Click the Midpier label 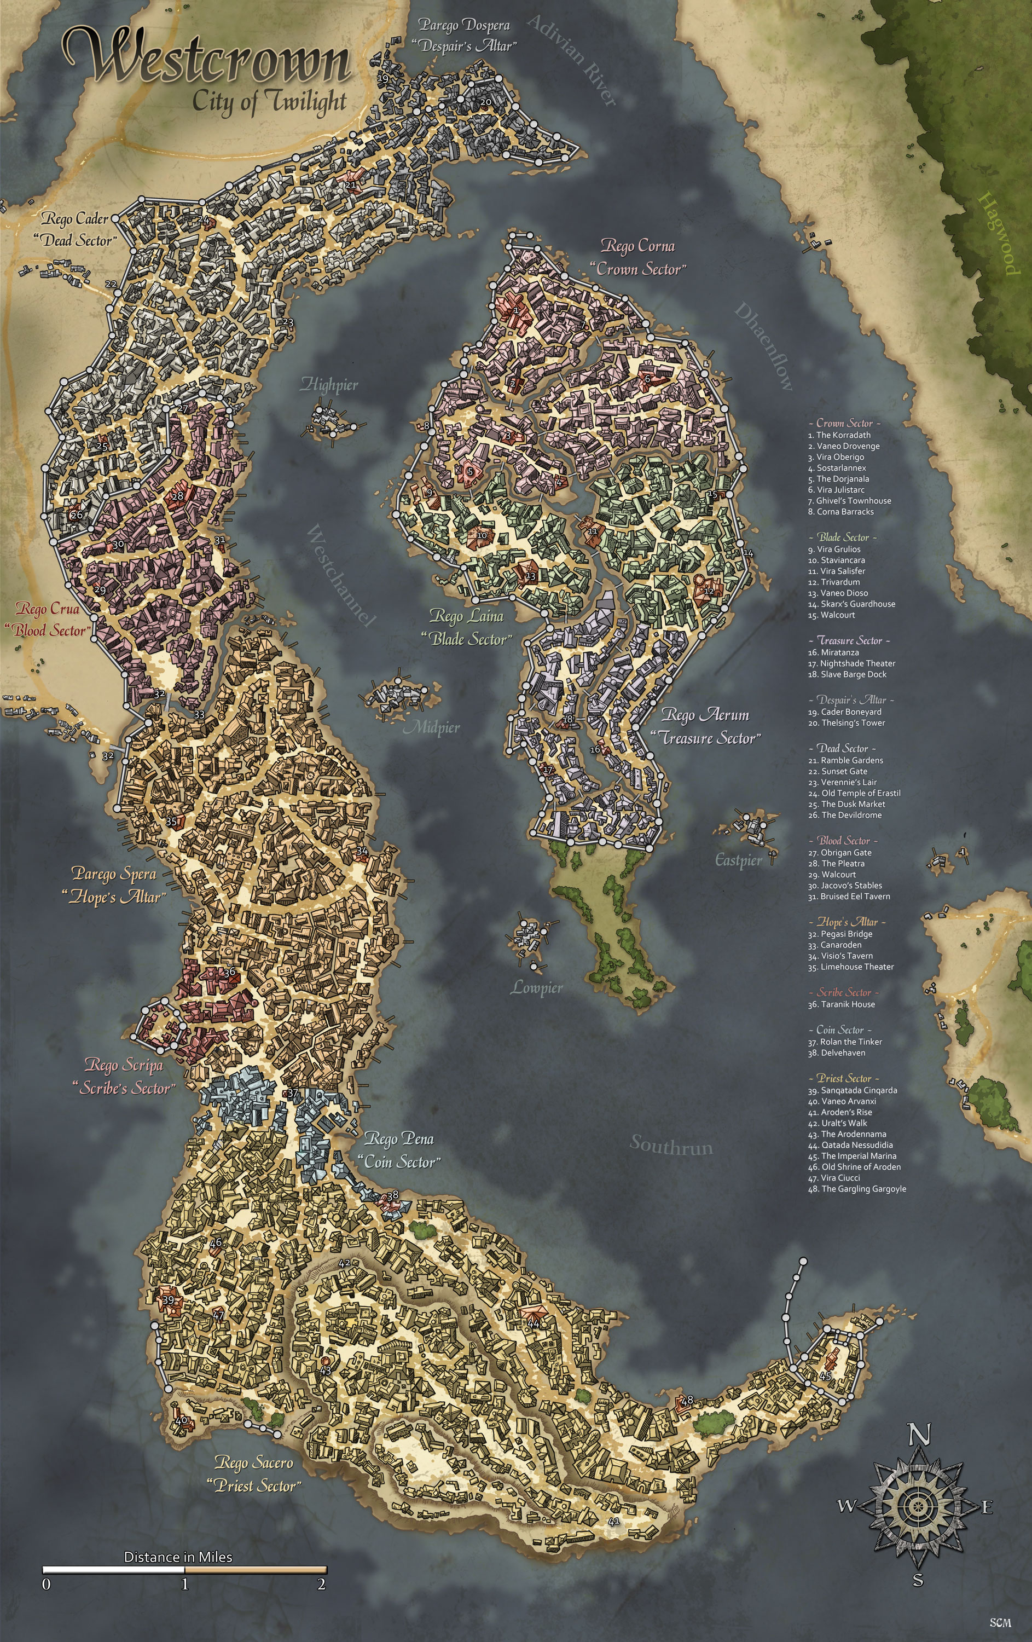[x=433, y=727]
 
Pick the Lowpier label [x=537, y=988]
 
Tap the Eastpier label [x=738, y=860]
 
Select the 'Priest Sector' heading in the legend [x=844, y=1078]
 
